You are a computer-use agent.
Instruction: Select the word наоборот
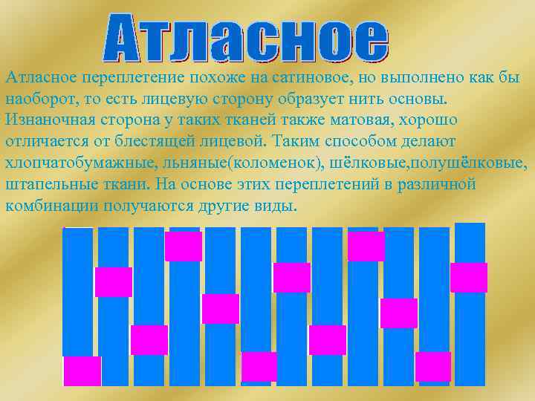(37, 100)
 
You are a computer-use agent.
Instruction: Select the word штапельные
(50, 183)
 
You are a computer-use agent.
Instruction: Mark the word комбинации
(52, 204)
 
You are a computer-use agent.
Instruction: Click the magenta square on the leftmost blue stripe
(82, 371)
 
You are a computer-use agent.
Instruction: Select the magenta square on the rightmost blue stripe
(468, 277)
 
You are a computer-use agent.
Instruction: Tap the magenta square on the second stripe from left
(114, 281)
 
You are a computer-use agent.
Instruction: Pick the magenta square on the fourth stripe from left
(184, 246)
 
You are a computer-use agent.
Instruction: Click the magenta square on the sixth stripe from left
(259, 366)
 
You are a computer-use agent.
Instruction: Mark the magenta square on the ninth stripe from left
(366, 246)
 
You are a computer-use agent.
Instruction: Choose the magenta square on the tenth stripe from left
(399, 313)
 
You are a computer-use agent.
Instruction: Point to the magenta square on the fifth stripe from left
(221, 309)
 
